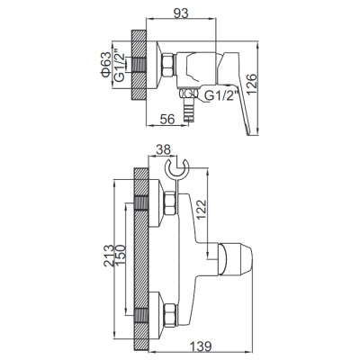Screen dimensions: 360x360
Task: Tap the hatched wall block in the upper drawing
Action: point(139,67)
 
